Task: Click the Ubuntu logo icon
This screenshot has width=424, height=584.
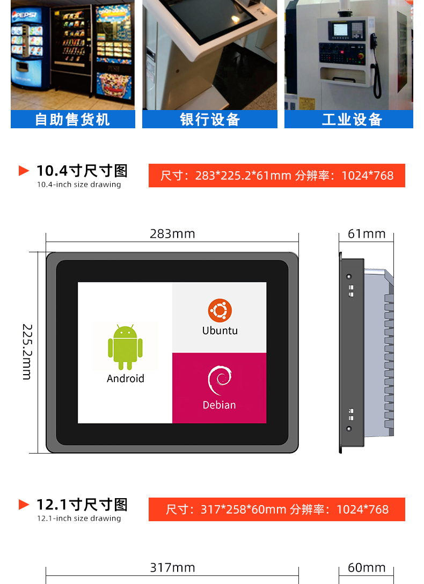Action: tap(220, 310)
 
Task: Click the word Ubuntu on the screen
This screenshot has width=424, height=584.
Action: tap(220, 331)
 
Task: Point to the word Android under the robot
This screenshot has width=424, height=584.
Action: tap(126, 378)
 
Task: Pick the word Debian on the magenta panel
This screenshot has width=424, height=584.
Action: tap(220, 405)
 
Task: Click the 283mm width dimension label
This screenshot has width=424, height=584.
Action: tap(172, 234)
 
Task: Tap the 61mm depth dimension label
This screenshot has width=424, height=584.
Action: tap(367, 234)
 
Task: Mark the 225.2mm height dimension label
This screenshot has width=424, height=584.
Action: tap(27, 352)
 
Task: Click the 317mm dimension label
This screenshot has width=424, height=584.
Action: tap(172, 567)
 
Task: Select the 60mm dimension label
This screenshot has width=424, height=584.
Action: tap(367, 567)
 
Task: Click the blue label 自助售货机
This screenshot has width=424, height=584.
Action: tap(72, 120)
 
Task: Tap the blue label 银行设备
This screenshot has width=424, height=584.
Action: tap(210, 120)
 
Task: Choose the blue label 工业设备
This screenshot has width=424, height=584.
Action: tap(352, 120)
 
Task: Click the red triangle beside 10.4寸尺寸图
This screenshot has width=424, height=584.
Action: tap(24, 171)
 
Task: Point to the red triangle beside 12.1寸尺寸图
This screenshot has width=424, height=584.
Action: tap(24, 505)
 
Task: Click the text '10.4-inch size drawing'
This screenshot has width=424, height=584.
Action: tap(79, 184)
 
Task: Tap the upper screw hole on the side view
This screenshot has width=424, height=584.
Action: tap(349, 277)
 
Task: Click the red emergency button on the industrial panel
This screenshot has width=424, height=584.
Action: tap(360, 56)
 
